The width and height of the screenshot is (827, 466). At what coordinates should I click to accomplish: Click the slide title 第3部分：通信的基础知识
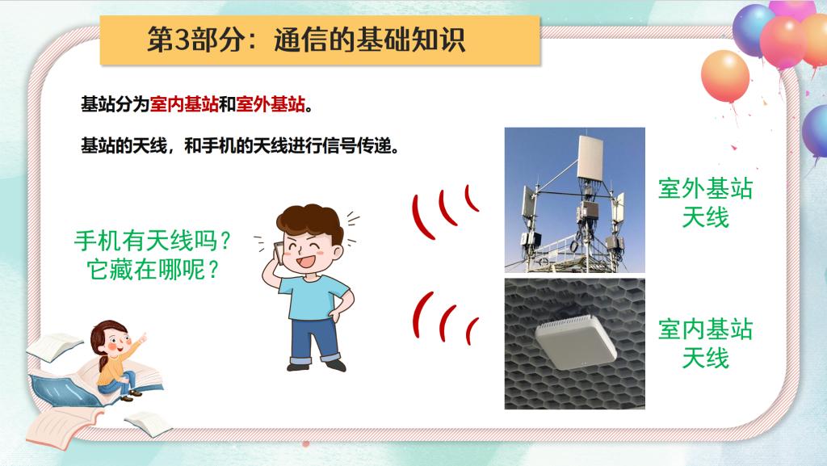pyautogui.click(x=306, y=40)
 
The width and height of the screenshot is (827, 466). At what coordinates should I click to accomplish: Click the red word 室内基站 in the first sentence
pyautogui.click(x=184, y=104)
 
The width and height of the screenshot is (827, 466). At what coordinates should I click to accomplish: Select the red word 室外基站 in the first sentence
pyautogui.click(x=271, y=104)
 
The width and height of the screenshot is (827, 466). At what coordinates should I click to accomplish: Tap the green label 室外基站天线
pyautogui.click(x=705, y=203)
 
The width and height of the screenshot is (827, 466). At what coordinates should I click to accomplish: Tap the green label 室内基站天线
pyautogui.click(x=705, y=343)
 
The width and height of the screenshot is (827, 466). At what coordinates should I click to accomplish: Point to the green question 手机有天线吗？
pyautogui.click(x=153, y=241)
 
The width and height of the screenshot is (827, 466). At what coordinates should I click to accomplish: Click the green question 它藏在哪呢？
pyautogui.click(x=153, y=270)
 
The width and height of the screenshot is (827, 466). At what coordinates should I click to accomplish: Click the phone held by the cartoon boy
pyautogui.click(x=278, y=252)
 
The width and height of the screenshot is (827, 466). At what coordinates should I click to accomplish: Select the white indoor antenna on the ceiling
pyautogui.click(x=575, y=341)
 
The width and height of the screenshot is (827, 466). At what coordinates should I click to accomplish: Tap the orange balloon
pyautogui.click(x=725, y=76)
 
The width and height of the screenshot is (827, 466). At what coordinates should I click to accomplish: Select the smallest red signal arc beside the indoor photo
pyautogui.click(x=471, y=330)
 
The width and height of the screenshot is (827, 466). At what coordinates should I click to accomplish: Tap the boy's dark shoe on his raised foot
pyautogui.click(x=298, y=365)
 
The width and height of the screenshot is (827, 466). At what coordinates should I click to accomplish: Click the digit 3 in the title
pyautogui.click(x=181, y=40)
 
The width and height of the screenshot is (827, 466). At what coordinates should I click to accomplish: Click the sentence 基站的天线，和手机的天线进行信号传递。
pyautogui.click(x=240, y=145)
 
